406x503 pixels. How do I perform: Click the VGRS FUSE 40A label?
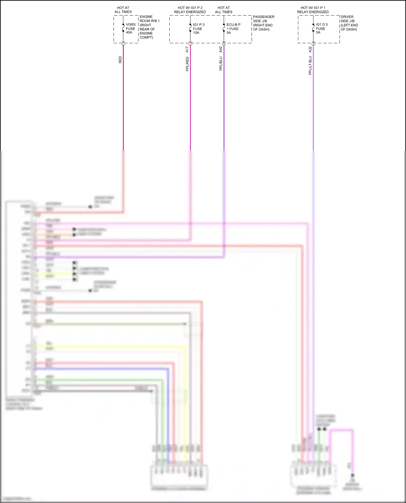[x=130, y=28]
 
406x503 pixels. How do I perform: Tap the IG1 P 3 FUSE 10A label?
[x=198, y=29]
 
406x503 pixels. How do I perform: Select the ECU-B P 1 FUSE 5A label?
[x=233, y=29]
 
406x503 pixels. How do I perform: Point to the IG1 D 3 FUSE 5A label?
[x=322, y=28]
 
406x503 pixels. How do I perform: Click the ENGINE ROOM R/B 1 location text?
[x=149, y=27]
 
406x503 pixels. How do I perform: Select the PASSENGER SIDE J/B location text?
[x=263, y=23]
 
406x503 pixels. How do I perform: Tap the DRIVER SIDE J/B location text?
[x=349, y=23]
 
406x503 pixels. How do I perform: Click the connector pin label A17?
[x=187, y=49]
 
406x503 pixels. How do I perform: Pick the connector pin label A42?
[x=221, y=49]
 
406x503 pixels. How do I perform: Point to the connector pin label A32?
[x=310, y=49]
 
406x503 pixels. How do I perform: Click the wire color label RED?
[x=120, y=60]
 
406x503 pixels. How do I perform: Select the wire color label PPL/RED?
[x=187, y=64]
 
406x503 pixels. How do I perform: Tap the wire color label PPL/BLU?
[x=221, y=64]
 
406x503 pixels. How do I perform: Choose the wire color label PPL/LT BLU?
[x=310, y=66]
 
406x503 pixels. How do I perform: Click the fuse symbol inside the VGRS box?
[x=123, y=28]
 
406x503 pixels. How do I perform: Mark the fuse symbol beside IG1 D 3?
[x=313, y=28]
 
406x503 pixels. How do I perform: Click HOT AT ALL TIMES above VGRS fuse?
[x=123, y=10]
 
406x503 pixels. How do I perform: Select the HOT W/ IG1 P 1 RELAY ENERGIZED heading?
[x=313, y=10]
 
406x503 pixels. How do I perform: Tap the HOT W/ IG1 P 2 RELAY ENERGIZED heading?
[x=190, y=10]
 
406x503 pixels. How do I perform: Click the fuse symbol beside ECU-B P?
[x=224, y=28]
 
